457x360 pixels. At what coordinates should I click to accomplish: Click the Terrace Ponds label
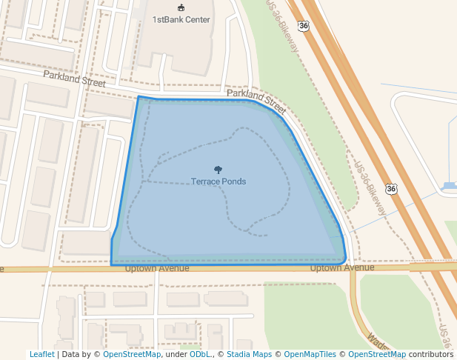click(x=219, y=181)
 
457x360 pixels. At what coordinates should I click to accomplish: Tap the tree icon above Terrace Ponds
click(x=218, y=170)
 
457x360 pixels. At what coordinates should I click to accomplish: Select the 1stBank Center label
click(x=181, y=19)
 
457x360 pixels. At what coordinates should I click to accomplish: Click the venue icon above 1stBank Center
click(x=181, y=7)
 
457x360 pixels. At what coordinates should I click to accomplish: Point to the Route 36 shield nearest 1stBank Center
click(x=304, y=26)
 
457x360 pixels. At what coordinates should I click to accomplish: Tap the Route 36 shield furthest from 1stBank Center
click(x=391, y=190)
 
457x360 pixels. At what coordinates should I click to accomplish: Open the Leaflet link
click(x=41, y=355)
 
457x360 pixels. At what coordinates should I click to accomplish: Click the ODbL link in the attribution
click(x=200, y=355)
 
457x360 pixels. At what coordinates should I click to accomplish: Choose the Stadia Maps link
click(x=248, y=355)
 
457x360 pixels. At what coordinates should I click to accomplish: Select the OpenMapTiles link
click(x=306, y=355)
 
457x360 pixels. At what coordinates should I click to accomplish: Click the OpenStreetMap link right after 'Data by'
click(x=132, y=355)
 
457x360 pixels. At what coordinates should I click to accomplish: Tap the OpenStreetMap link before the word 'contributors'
click(x=377, y=355)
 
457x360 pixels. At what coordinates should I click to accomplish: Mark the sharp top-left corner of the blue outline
click(x=139, y=96)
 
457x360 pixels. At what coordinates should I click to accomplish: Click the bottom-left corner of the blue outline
click(x=111, y=264)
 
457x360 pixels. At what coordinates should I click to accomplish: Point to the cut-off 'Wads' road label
click(x=377, y=343)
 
